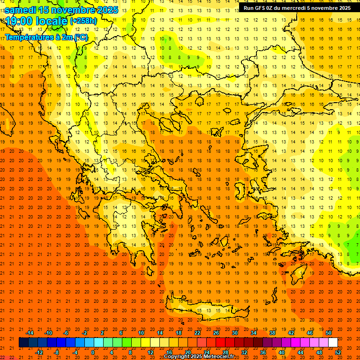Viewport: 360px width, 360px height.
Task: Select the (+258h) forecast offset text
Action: pos(83,21)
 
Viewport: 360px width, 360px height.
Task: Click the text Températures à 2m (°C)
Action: pos(46,37)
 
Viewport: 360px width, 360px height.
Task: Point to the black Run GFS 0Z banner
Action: pos(297,7)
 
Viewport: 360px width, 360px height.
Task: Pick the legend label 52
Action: pos(338,352)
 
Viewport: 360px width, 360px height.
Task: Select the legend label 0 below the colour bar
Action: pos(93,352)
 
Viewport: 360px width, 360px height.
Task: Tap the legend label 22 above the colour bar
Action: pos(197,333)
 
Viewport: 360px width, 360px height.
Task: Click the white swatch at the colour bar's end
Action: pos(333,343)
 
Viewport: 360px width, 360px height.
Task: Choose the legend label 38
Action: pos(272,333)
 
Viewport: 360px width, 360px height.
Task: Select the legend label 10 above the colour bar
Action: pos(141,333)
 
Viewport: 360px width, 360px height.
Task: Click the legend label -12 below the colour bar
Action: pos(39,352)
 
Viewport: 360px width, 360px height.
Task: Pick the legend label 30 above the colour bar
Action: pos(235,333)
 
